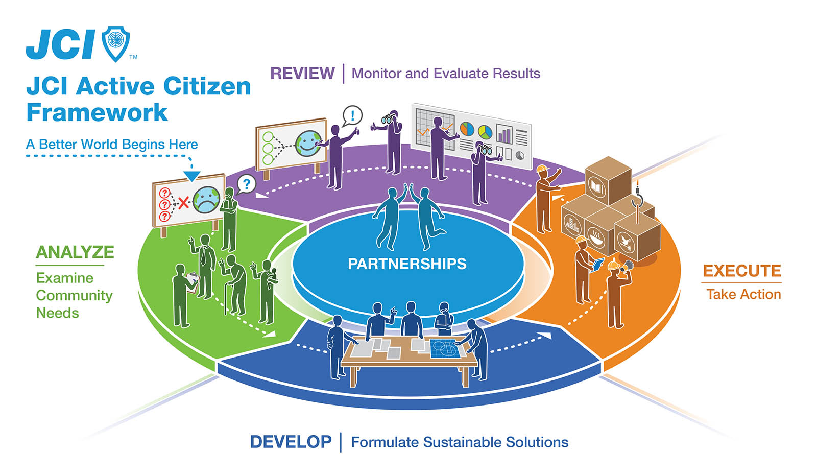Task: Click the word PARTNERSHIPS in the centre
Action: pos(407,264)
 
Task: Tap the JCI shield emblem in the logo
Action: pos(116,43)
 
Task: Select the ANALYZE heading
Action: pos(75,252)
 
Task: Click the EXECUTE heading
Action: pos(742,271)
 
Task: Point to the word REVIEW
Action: pos(302,74)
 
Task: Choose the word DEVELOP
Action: pos(291,442)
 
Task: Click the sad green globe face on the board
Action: pos(206,199)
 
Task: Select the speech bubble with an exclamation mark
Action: pos(352,115)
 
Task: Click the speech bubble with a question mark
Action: pos(247,183)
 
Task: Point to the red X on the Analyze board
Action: pos(183,204)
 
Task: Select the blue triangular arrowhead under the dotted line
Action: pos(192,176)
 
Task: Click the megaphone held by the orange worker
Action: pos(627,265)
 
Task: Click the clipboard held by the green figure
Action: pos(192,280)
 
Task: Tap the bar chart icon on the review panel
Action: pos(504,134)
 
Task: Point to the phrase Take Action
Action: pos(743,295)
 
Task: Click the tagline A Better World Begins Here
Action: pos(112,145)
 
